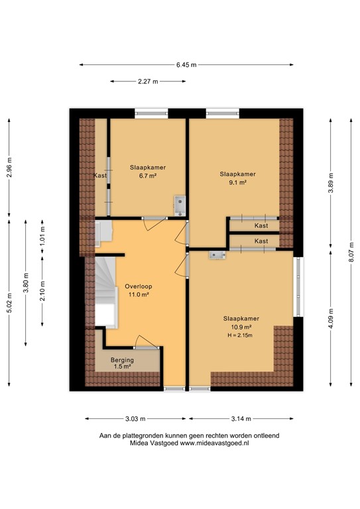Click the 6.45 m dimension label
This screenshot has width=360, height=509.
coord(186,64)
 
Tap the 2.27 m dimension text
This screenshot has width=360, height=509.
coord(148,82)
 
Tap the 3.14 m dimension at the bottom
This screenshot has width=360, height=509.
coord(241,419)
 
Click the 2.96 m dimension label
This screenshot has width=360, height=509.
coord(9,170)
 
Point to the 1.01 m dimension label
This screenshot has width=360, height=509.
coord(42,237)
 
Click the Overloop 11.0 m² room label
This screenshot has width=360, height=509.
coord(137,290)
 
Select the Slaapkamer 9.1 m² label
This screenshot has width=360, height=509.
coord(237,178)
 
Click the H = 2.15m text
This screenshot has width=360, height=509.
coord(241,335)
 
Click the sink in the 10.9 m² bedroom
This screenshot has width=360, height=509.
coord(216,254)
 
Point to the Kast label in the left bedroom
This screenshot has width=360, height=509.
coord(101,175)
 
